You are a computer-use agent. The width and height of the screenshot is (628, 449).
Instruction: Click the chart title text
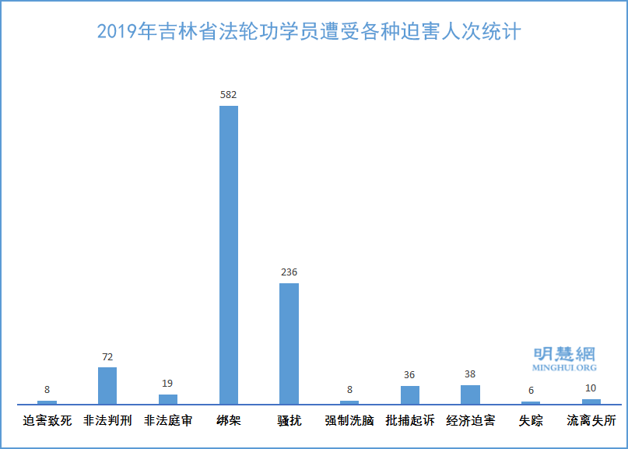(309, 32)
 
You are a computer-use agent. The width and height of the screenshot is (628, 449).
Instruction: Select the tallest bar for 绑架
(228, 254)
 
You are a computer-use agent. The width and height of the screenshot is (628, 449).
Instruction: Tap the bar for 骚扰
(289, 343)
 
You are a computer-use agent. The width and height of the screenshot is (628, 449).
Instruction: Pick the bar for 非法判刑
(107, 385)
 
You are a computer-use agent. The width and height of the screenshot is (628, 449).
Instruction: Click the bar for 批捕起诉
(410, 395)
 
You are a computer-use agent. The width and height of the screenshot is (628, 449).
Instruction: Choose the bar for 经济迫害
(470, 395)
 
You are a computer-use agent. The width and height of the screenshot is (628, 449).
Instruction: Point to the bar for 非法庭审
(168, 398)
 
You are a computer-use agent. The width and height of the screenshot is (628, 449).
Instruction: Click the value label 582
(228, 95)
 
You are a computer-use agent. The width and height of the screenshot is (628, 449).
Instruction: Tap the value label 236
(289, 272)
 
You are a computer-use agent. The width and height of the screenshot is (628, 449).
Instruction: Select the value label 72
(107, 357)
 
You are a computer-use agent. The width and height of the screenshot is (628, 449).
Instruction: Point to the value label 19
(168, 384)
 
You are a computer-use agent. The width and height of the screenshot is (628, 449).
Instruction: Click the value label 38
(470, 374)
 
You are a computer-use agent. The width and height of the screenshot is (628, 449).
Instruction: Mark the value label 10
(591, 388)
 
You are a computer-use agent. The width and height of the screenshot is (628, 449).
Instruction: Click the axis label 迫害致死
(47, 421)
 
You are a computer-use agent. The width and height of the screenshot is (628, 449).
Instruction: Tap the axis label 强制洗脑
(349, 421)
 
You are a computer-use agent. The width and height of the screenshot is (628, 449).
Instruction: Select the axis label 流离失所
(591, 421)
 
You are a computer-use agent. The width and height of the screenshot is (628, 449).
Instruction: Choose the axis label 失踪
(531, 421)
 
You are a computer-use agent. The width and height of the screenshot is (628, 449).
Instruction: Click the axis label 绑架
(228, 421)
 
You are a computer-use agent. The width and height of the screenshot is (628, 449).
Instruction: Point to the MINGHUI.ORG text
(564, 367)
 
